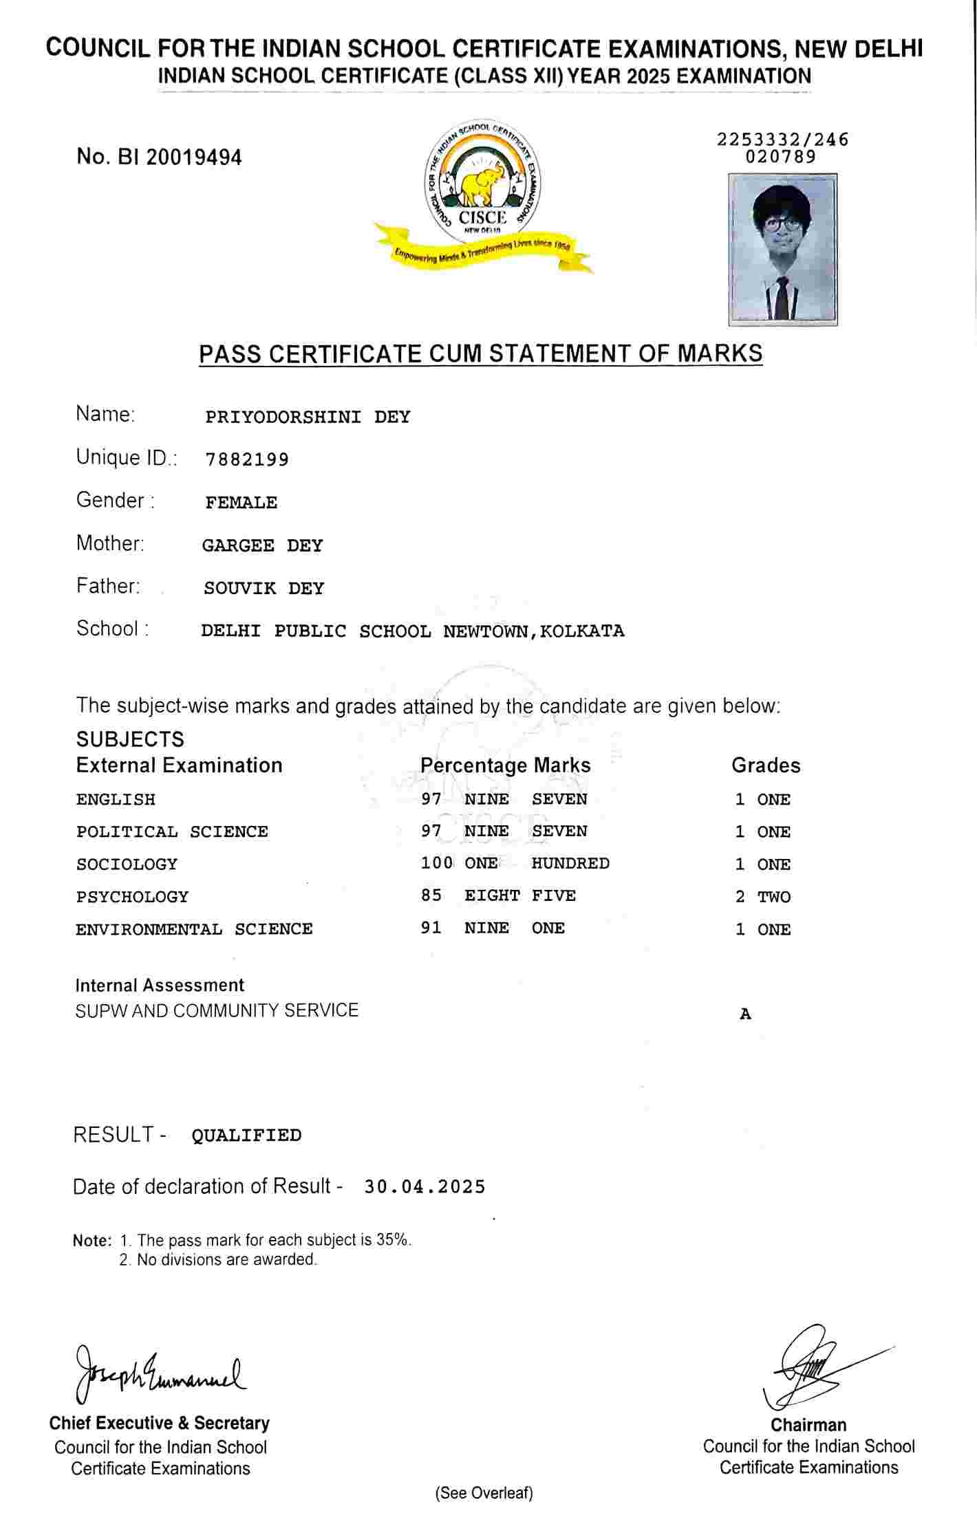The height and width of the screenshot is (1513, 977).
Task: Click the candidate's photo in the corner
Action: [783, 249]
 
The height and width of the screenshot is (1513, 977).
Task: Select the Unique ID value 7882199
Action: [247, 459]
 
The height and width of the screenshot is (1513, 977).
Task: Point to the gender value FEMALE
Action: [241, 503]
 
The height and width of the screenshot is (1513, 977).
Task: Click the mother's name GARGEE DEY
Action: [262, 546]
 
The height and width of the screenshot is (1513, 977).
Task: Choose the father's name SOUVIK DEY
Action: [264, 589]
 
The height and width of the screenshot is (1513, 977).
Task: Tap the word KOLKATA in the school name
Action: [582, 631]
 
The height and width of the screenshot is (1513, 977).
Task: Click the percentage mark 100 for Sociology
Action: [437, 863]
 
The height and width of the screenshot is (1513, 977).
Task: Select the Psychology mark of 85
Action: [431, 895]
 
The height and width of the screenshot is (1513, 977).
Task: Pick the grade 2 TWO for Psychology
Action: [762, 897]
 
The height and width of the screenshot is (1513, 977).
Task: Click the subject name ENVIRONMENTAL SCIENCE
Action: [194, 929]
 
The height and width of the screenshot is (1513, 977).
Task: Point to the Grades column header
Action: [766, 765]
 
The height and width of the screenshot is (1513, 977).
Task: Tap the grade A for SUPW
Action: [745, 1014]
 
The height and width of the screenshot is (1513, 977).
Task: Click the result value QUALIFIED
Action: [246, 1135]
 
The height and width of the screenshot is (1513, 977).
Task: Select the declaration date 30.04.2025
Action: [425, 1187]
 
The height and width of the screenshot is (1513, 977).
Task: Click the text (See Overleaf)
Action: [484, 1493]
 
